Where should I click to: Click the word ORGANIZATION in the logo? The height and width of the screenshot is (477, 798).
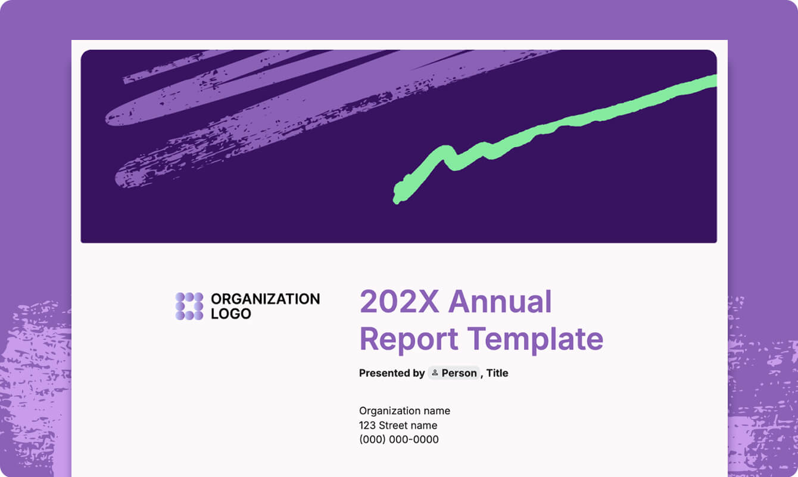[265, 299]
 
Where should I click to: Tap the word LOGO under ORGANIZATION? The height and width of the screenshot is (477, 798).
[231, 314]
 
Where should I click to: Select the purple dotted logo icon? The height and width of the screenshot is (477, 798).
[189, 306]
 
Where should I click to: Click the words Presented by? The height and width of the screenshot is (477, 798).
[391, 373]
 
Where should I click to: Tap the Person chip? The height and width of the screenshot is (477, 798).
[454, 373]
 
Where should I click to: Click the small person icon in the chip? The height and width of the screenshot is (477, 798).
[435, 373]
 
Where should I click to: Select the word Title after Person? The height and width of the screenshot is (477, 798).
[497, 373]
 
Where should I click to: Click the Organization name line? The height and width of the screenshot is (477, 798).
[404, 411]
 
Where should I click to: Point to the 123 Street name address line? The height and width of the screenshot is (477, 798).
[398, 426]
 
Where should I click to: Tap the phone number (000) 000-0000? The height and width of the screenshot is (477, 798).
[398, 440]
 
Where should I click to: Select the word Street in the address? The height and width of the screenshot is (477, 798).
[393, 426]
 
